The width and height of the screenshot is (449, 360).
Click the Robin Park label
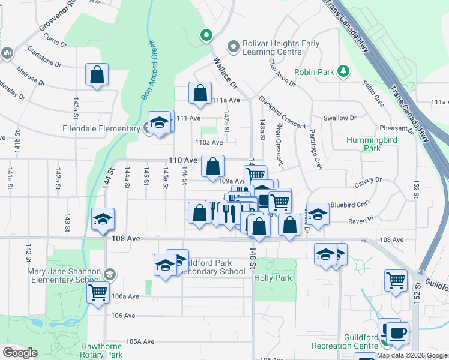313,72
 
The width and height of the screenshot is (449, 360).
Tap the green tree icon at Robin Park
343,71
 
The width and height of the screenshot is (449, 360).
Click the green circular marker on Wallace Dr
206,36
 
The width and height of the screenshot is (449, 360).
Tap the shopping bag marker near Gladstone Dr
97,75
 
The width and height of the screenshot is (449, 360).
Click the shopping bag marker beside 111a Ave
200,94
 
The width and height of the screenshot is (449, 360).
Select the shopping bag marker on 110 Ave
212,167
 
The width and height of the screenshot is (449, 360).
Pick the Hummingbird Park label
372,144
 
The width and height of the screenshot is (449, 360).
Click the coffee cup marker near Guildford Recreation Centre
396,331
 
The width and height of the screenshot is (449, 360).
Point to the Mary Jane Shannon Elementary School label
64,275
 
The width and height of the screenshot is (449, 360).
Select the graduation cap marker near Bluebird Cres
318,214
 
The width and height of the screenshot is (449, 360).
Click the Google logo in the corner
20,353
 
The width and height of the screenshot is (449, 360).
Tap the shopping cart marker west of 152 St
396,280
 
